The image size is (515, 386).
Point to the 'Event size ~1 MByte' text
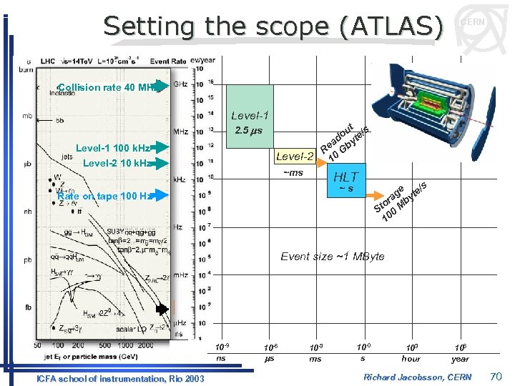(x=333, y=257)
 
